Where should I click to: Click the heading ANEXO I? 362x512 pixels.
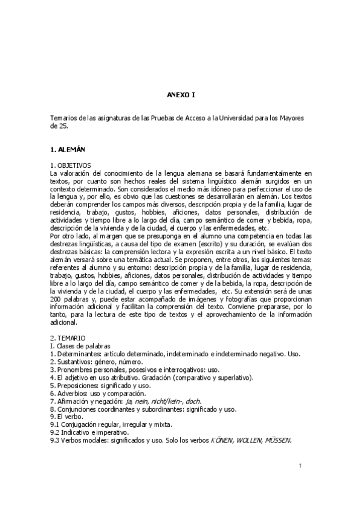click(x=181, y=95)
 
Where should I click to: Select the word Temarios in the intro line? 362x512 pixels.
click(x=63, y=118)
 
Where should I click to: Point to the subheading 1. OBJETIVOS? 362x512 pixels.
click(x=70, y=165)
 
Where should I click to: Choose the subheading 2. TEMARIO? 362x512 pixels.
click(x=68, y=338)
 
